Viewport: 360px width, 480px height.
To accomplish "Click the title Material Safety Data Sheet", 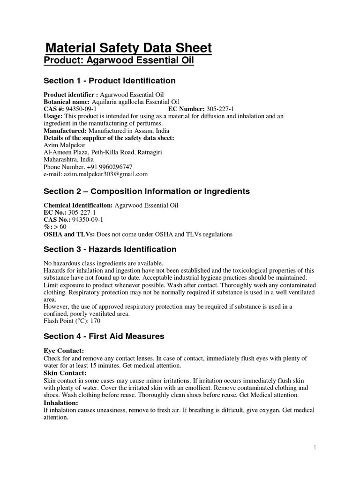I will click(128, 48).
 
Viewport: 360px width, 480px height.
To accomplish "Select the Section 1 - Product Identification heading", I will click(110, 81).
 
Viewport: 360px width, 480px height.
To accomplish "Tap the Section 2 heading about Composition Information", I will click(146, 191).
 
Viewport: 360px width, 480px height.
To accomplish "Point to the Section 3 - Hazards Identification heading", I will click(110, 249).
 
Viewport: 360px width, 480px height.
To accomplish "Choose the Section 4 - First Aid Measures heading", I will click(104, 336).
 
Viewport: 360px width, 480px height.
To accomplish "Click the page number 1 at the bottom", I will click(315, 448).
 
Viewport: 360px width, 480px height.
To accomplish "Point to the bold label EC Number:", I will click(187, 109).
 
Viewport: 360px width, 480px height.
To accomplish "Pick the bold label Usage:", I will click(53, 116).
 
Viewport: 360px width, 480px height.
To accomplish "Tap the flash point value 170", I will click(95, 321).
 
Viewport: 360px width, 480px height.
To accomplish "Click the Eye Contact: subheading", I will click(64, 351).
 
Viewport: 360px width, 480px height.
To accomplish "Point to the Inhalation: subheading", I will click(61, 403).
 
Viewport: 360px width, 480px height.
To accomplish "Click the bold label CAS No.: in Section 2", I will click(57, 220).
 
